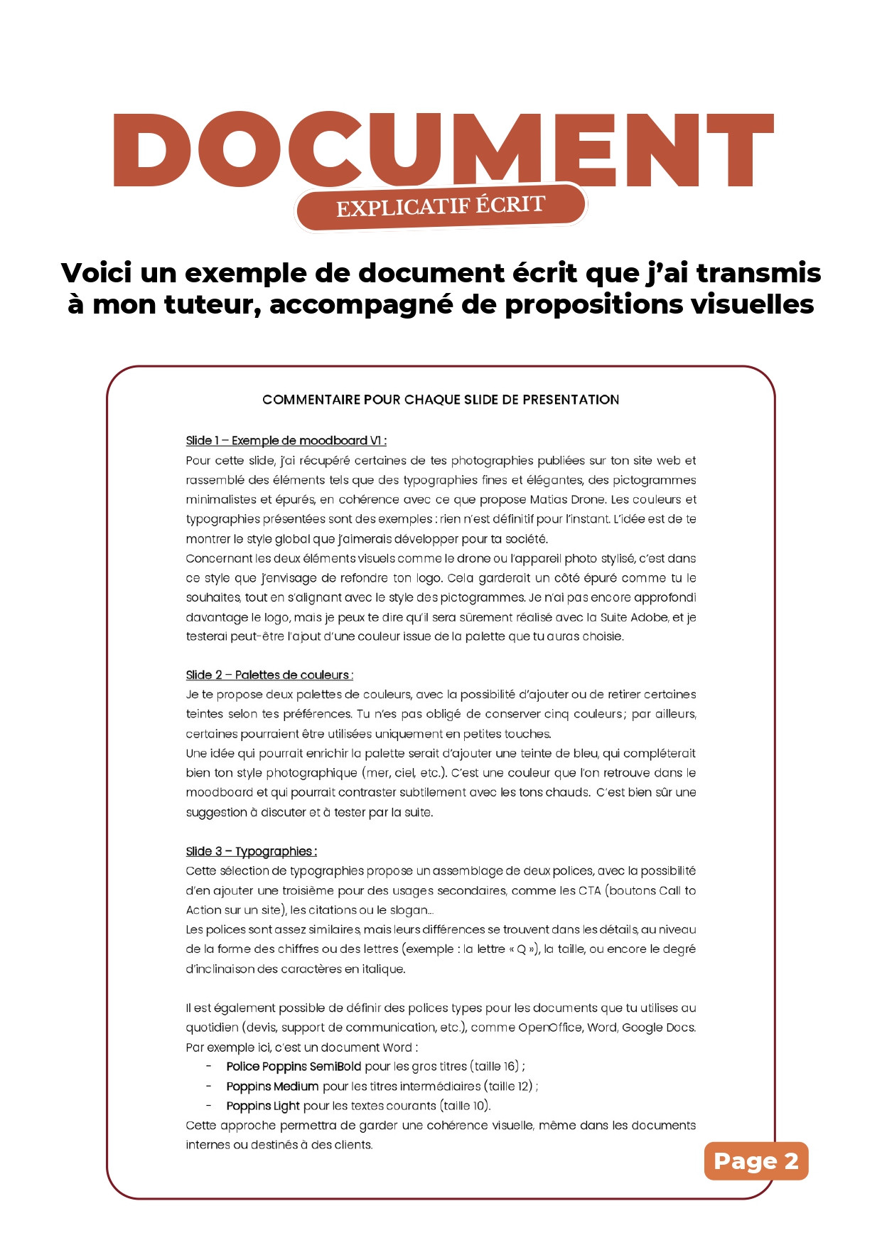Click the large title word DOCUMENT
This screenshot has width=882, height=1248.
(442, 150)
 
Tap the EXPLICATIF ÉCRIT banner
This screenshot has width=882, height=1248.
(440, 207)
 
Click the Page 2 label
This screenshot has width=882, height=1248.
(756, 1161)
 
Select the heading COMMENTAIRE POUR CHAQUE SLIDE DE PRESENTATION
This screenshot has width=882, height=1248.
(441, 400)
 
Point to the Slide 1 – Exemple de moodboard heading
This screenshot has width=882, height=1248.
(286, 441)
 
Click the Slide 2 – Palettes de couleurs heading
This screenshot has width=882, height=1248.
(269, 675)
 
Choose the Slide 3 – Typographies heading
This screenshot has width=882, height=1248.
(251, 851)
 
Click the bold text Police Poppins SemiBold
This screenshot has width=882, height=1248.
(294, 1067)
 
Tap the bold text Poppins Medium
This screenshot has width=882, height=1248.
(272, 1087)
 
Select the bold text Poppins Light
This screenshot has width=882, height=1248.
(263, 1106)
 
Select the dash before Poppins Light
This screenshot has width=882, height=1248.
(209, 1106)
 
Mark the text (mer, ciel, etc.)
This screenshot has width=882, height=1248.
(404, 773)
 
